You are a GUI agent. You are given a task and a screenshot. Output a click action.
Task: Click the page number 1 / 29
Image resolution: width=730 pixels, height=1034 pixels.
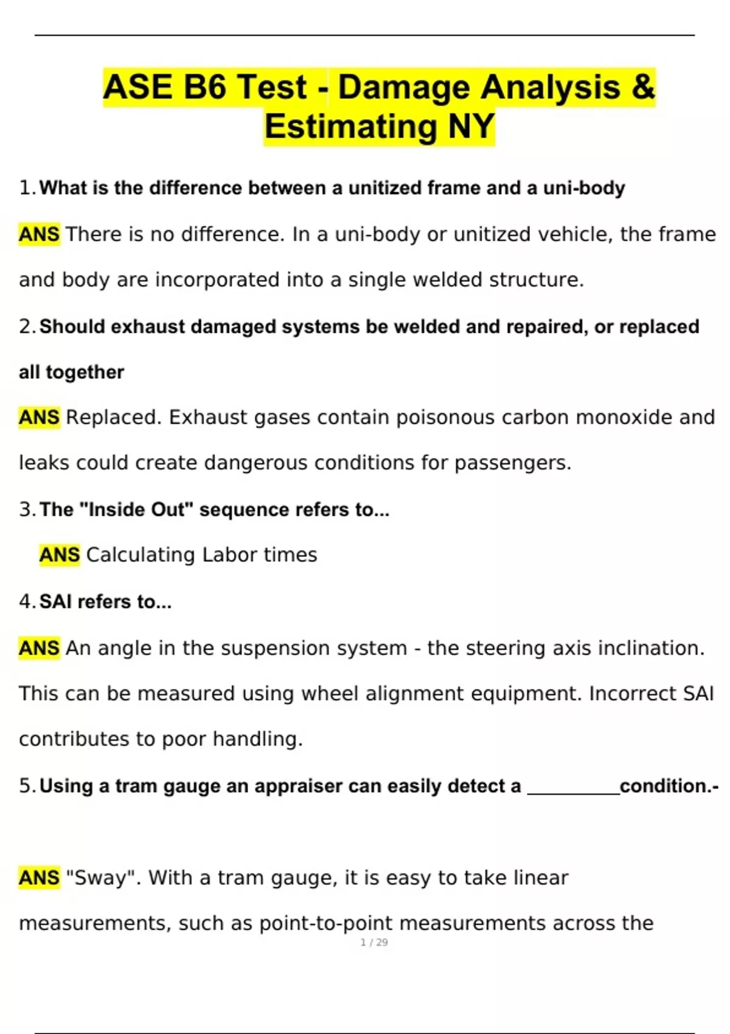point(374,942)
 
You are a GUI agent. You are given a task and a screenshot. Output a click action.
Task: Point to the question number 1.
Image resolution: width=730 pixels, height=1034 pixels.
point(25,188)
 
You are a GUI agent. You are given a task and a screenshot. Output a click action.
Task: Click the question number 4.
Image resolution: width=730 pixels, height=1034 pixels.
point(25,602)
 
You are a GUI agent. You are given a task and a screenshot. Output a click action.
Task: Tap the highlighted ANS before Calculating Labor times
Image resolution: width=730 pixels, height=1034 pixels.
point(60,555)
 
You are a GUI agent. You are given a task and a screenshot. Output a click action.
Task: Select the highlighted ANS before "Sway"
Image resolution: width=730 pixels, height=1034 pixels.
point(40,878)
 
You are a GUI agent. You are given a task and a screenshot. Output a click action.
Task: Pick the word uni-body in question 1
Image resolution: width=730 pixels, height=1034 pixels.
point(584,188)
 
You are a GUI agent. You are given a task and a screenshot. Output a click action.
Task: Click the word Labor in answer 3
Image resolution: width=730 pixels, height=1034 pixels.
point(226,555)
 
